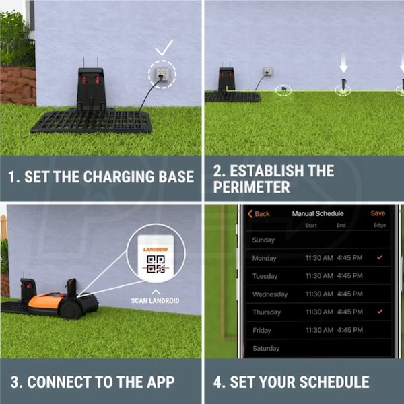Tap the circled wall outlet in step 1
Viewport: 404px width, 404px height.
(162, 73)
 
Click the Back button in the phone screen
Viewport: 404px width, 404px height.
(259, 214)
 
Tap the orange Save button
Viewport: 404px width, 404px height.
(378, 213)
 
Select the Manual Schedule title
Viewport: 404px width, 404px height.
(318, 213)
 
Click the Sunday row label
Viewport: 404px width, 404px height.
(263, 240)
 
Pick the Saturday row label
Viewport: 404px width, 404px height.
(266, 349)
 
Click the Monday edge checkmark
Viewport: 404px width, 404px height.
(380, 257)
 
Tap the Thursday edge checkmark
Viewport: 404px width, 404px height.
(380, 312)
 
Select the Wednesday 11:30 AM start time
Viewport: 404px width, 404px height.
(319, 294)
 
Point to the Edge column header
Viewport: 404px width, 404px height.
(380, 225)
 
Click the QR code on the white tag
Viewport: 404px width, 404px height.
(156, 263)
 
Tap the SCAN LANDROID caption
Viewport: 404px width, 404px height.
(155, 301)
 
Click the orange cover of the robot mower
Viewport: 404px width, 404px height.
(45, 300)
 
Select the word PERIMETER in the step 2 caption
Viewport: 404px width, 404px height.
(251, 187)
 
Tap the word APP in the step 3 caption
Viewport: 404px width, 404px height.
(161, 382)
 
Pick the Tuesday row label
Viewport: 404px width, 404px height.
(265, 276)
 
